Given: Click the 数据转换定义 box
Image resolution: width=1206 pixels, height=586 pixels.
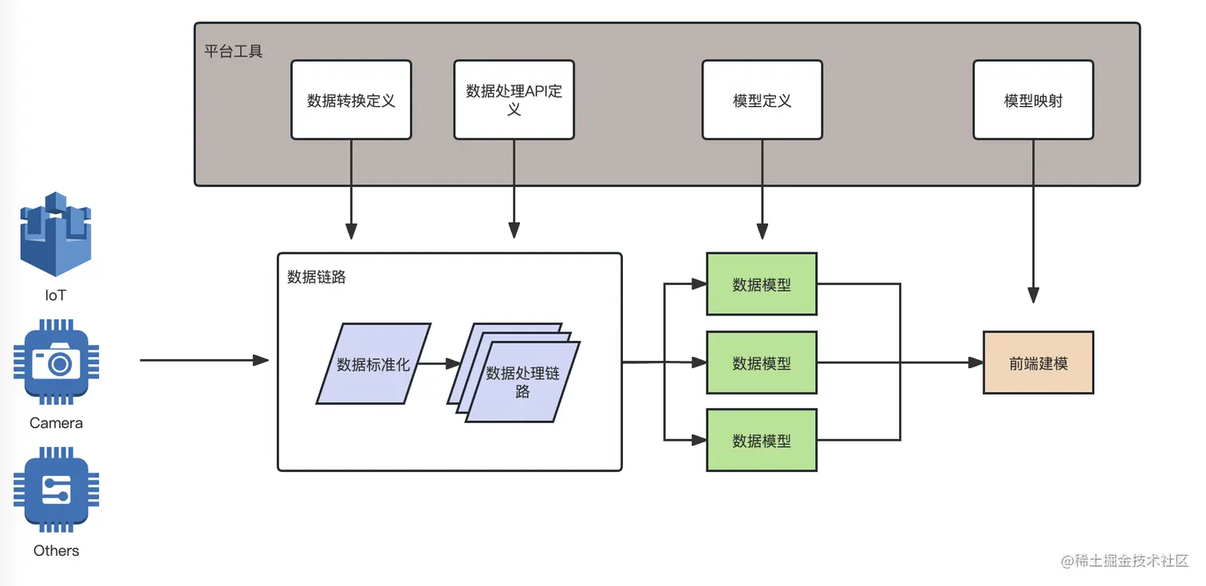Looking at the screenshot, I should [351, 101].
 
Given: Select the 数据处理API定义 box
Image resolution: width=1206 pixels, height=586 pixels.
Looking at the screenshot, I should [514, 101].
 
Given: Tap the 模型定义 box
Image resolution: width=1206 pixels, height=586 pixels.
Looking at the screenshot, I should [762, 101].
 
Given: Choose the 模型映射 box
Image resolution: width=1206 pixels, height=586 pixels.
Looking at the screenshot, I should [1033, 101].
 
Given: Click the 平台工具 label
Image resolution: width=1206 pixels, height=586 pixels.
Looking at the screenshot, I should [233, 52].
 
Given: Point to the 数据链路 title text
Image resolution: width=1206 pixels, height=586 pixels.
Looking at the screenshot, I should [317, 277].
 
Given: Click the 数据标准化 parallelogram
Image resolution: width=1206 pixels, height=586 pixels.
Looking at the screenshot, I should [373, 364].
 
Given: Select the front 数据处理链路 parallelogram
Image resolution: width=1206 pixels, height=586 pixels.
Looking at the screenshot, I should [522, 382].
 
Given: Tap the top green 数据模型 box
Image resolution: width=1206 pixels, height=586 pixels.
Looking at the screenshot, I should [761, 284].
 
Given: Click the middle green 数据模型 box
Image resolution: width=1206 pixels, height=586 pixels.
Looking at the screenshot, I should [761, 363].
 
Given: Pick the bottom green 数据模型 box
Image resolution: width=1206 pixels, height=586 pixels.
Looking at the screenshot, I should [761, 440].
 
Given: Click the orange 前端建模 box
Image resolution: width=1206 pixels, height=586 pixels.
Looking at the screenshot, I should [1038, 363].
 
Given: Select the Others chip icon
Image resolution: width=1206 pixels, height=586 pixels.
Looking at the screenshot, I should [56, 489].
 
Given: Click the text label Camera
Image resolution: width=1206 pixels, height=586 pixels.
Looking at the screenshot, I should [56, 423].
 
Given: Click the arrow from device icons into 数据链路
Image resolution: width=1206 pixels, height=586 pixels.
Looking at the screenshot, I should [203, 360].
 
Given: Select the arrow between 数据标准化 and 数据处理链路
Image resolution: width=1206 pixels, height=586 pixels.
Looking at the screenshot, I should [439, 363].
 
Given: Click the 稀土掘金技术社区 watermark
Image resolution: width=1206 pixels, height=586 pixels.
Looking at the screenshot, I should [1125, 560].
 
